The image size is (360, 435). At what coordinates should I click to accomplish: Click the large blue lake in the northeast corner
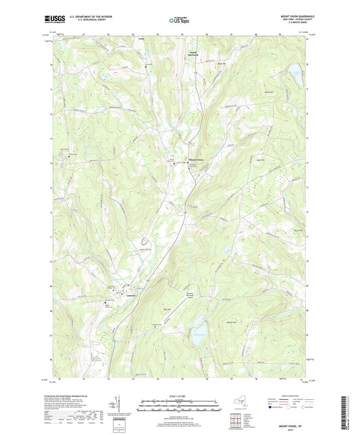(x=295, y=72)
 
